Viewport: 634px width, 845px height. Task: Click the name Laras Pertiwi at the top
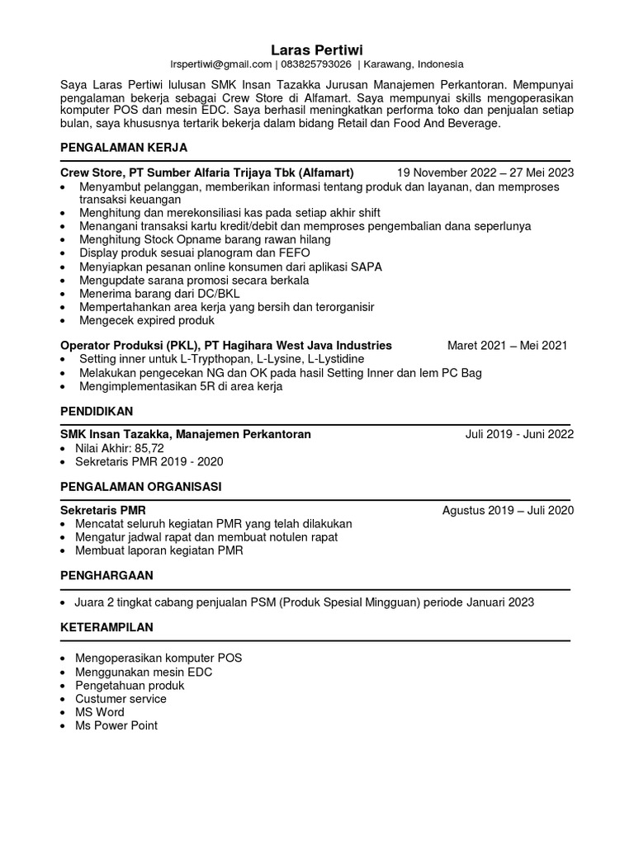click(317, 49)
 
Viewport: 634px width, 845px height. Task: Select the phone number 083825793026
click(316, 64)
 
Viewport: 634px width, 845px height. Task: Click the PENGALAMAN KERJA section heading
click(124, 148)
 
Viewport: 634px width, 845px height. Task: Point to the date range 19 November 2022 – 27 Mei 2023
click(485, 173)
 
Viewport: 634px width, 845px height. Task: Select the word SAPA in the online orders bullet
click(365, 267)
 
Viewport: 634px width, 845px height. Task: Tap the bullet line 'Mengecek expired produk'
click(146, 320)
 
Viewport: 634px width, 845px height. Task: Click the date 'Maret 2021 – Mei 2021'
click(507, 346)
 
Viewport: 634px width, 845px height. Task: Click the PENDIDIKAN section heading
click(97, 410)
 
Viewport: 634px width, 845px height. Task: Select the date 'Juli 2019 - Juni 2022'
click(519, 435)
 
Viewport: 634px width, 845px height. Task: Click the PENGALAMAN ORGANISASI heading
click(140, 486)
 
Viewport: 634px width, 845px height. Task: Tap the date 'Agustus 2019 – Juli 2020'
click(508, 511)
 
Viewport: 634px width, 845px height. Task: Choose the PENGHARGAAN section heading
click(106, 574)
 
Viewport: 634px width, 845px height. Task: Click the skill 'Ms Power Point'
click(116, 725)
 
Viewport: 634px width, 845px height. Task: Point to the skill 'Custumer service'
click(121, 699)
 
